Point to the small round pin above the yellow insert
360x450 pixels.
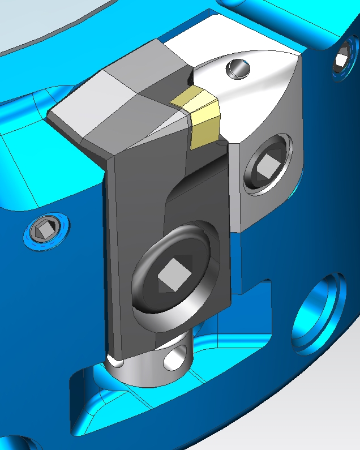click(x=238, y=69)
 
